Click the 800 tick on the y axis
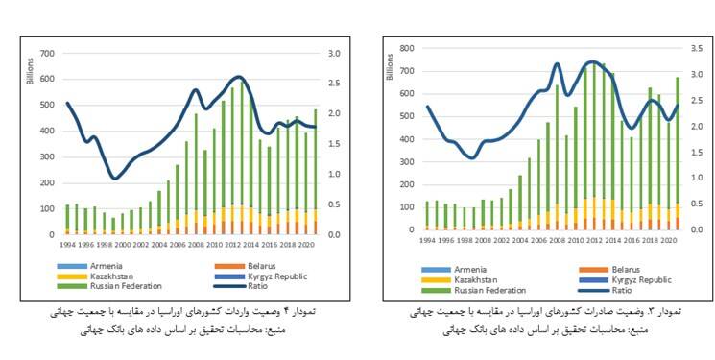pos(407,48)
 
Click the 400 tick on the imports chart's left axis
pos(45,131)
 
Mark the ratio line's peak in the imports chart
pos(239,78)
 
